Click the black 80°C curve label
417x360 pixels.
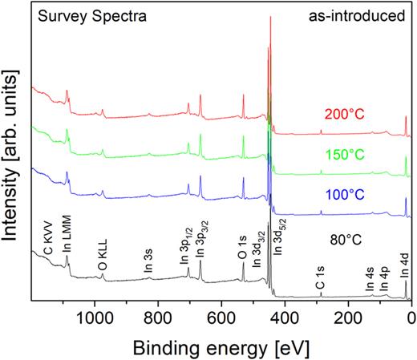tap(346, 238)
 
